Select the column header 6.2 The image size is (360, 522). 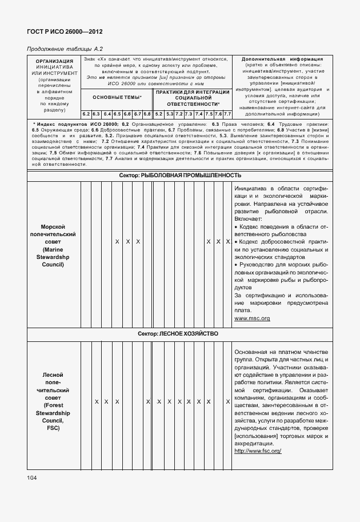(86, 114)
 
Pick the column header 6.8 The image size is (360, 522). (147, 114)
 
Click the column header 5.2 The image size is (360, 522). (158, 114)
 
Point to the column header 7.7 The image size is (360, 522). (227, 114)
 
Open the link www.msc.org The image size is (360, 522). (252, 318)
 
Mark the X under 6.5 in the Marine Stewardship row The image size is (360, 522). (117, 242)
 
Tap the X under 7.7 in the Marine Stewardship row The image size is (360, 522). (227, 242)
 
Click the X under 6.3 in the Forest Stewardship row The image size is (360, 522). (97, 402)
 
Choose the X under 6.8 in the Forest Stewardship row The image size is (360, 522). (147, 402)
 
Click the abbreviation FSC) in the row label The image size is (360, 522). (53, 427)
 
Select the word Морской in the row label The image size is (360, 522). (53, 227)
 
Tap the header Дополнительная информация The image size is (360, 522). (282, 59)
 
